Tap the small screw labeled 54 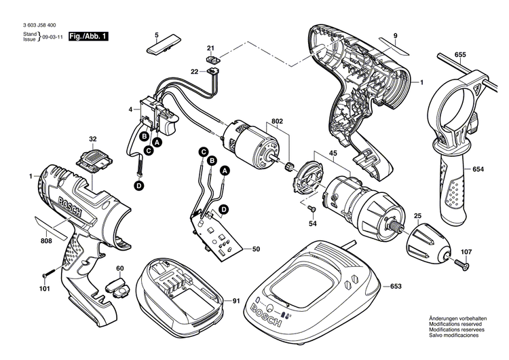tap(311, 209)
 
